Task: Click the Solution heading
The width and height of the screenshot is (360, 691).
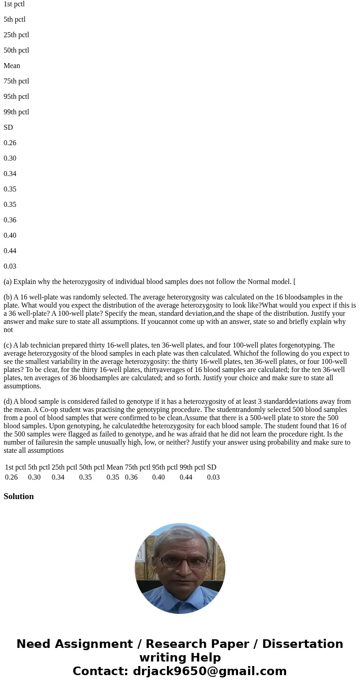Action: [19, 496]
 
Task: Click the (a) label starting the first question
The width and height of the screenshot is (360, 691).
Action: [8, 282]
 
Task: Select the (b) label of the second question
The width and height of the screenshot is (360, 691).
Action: [8, 297]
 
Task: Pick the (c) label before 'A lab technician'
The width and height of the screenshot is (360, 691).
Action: [8, 345]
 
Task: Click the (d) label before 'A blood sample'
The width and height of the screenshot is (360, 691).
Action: [8, 402]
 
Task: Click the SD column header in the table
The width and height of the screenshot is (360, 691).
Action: [211, 467]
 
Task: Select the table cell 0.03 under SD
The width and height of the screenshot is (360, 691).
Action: [213, 477]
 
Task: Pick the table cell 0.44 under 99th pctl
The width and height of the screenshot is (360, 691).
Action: [186, 477]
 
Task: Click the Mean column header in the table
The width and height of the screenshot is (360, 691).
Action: [115, 467]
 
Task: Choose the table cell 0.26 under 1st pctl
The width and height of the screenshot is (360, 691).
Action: [11, 477]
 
